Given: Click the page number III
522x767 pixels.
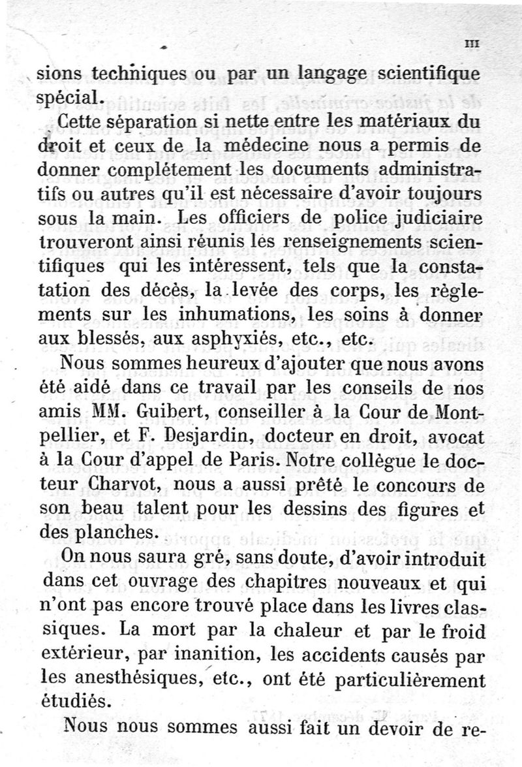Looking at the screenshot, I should (x=473, y=44).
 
